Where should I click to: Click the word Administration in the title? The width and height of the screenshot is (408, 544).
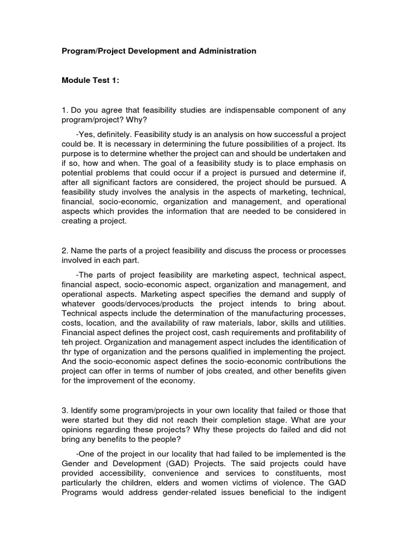[x=228, y=51]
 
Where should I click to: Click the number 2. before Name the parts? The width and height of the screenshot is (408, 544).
[x=65, y=250]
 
